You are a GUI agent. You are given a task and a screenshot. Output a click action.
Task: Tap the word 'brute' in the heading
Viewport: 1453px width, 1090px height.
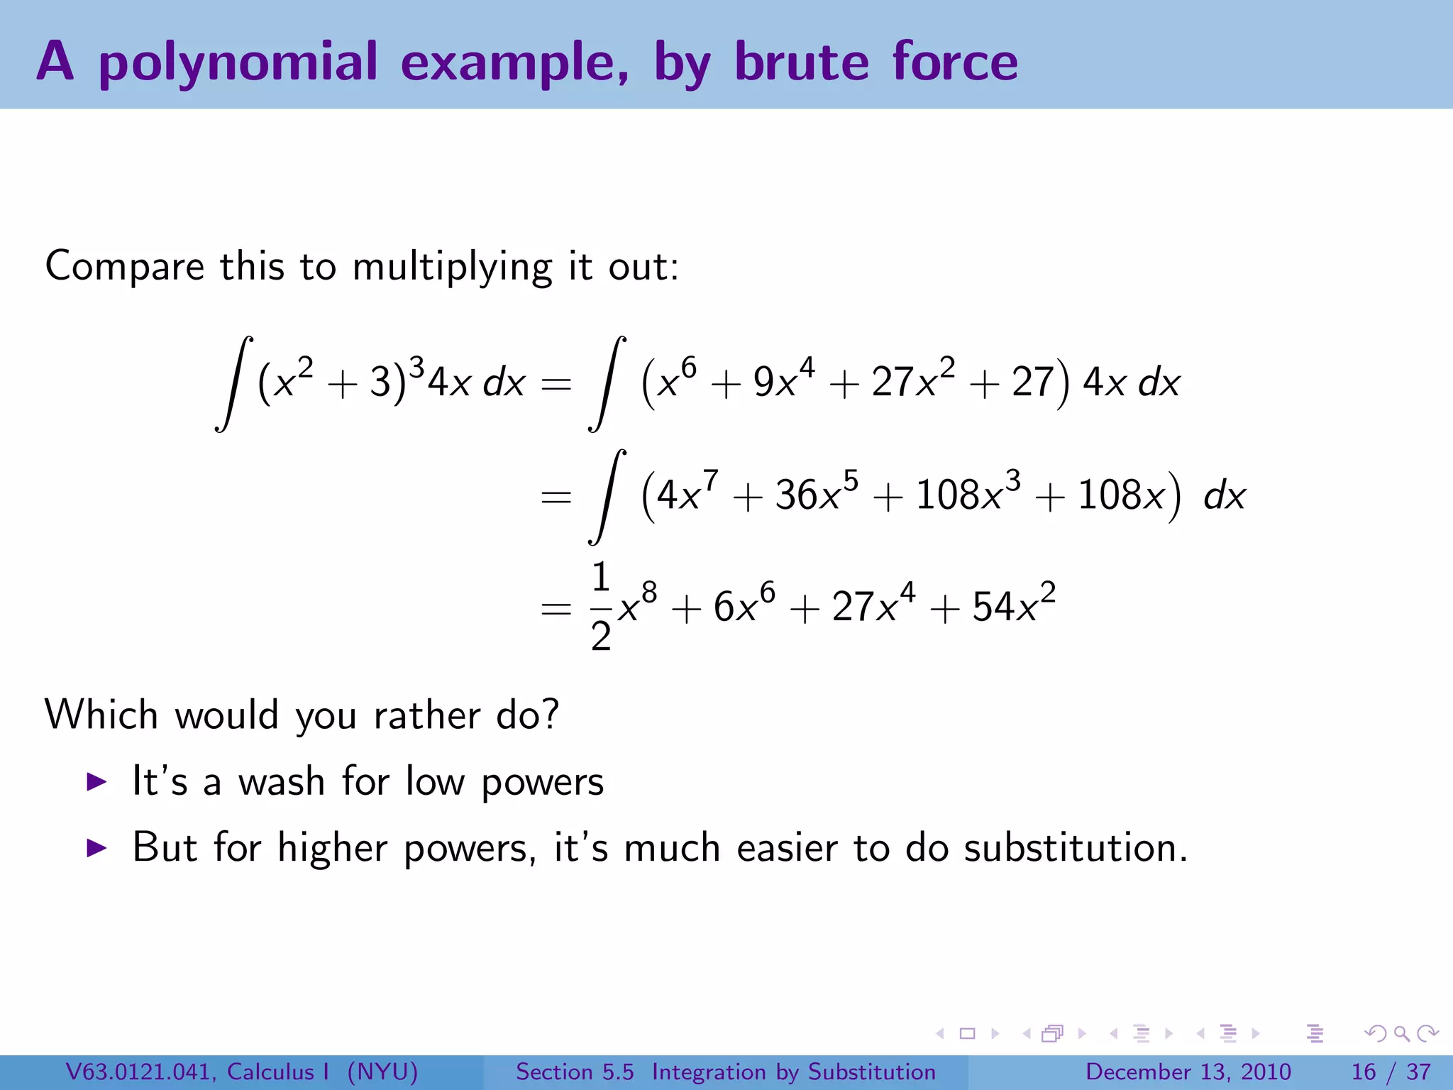(x=802, y=62)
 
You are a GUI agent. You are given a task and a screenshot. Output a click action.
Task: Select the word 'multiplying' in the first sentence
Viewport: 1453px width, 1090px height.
(x=452, y=268)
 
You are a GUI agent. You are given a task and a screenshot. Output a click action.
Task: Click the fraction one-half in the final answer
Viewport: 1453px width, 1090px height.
(x=601, y=607)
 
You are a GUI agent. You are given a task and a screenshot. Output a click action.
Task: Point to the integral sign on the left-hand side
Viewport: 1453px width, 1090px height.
(x=235, y=383)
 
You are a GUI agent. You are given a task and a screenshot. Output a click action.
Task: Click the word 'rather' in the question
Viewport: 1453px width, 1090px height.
(x=426, y=715)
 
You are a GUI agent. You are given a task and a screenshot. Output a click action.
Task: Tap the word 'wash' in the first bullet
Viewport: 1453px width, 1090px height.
(x=282, y=782)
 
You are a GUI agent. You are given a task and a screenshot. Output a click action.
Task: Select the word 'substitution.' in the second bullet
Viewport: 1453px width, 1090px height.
(x=1076, y=848)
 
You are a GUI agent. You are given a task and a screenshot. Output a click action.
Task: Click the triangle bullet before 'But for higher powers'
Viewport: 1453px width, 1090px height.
(x=96, y=847)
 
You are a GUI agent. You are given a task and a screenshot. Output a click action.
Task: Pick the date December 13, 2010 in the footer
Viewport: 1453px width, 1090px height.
(x=1188, y=1072)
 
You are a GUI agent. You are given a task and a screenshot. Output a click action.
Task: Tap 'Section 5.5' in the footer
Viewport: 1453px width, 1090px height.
(x=575, y=1072)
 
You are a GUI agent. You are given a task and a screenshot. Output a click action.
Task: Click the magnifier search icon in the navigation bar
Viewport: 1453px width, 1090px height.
(x=1401, y=1033)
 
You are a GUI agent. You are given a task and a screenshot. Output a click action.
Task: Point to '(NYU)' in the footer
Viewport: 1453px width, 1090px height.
(x=382, y=1072)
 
